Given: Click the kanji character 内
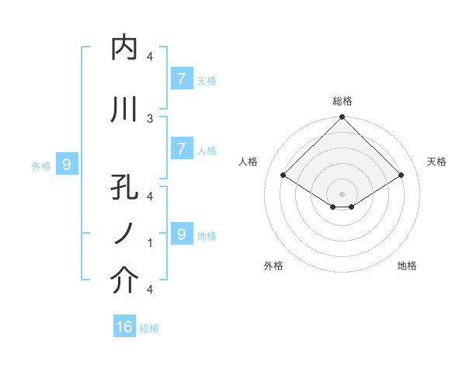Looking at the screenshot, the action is pyautogui.click(x=124, y=48).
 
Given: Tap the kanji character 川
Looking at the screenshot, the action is pyautogui.click(x=124, y=109).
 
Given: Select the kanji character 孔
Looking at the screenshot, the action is pyautogui.click(x=124, y=189).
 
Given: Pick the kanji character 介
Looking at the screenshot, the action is pyautogui.click(x=124, y=281).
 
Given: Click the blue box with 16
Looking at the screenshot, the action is pyautogui.click(x=124, y=327).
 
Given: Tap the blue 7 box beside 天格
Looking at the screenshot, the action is pyautogui.click(x=181, y=78).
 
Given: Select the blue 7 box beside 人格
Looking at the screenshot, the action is pyautogui.click(x=181, y=149).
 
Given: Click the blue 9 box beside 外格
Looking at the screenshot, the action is pyautogui.click(x=67, y=164).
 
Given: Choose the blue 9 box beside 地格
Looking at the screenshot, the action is pyautogui.click(x=181, y=234).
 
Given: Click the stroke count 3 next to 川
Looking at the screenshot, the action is pyautogui.click(x=150, y=118).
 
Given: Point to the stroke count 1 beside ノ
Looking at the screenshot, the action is pyautogui.click(x=150, y=243).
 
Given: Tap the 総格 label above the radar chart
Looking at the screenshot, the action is pyautogui.click(x=343, y=101).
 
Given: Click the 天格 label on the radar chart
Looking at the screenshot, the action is pyautogui.click(x=437, y=162).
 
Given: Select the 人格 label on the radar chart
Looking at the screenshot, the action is pyautogui.click(x=249, y=162).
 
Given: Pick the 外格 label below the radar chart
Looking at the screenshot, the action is pyautogui.click(x=273, y=266).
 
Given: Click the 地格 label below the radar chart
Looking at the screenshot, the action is pyautogui.click(x=407, y=266).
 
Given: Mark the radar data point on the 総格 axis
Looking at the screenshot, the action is pyautogui.click(x=342, y=118).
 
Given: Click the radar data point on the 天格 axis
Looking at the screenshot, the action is pyautogui.click(x=401, y=176).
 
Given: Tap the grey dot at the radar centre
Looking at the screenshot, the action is pyautogui.click(x=342, y=193).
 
